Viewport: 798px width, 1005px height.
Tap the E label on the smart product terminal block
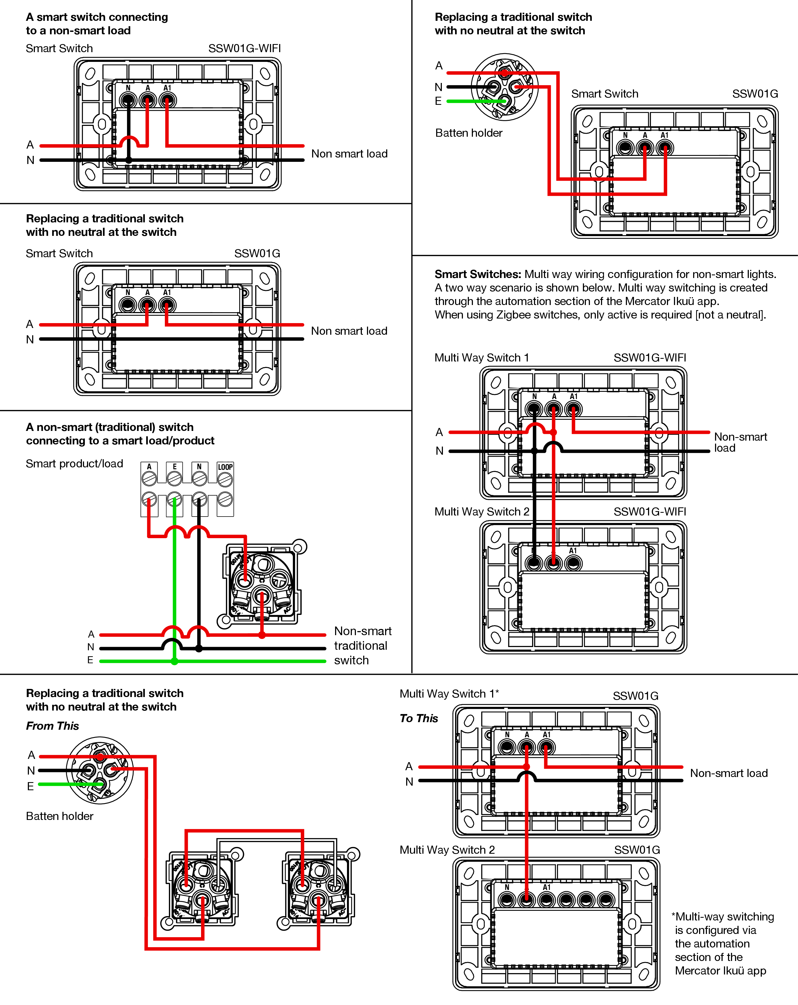coord(174,467)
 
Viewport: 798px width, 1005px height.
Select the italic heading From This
coord(52,726)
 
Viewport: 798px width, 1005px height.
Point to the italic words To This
coord(419,718)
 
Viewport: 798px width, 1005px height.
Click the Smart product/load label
coord(74,464)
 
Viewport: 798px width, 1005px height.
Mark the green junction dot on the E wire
coord(174,661)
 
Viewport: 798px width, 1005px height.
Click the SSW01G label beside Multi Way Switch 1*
coord(635,696)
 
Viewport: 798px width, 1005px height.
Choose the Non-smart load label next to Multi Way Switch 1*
coord(729,773)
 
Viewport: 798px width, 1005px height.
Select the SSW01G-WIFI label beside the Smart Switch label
coord(244,48)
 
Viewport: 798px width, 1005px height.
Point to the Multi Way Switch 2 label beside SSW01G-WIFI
coord(482,512)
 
